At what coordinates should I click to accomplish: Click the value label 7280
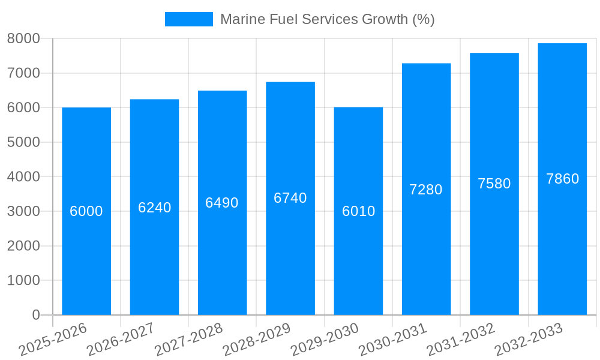point(426,190)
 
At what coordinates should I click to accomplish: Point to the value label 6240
point(154,208)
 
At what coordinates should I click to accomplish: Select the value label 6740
point(290,198)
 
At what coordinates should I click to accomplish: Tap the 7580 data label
point(494,184)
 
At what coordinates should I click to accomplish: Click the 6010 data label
point(358,211)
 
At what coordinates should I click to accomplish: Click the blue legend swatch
point(188,19)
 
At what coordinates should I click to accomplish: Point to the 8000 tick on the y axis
point(23,38)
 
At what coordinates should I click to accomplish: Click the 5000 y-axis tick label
point(23,142)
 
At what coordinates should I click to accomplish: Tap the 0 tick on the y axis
point(35,315)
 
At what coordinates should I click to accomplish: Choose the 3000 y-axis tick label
point(23,211)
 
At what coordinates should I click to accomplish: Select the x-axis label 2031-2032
point(460,339)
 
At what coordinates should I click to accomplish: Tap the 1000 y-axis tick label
point(23,280)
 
